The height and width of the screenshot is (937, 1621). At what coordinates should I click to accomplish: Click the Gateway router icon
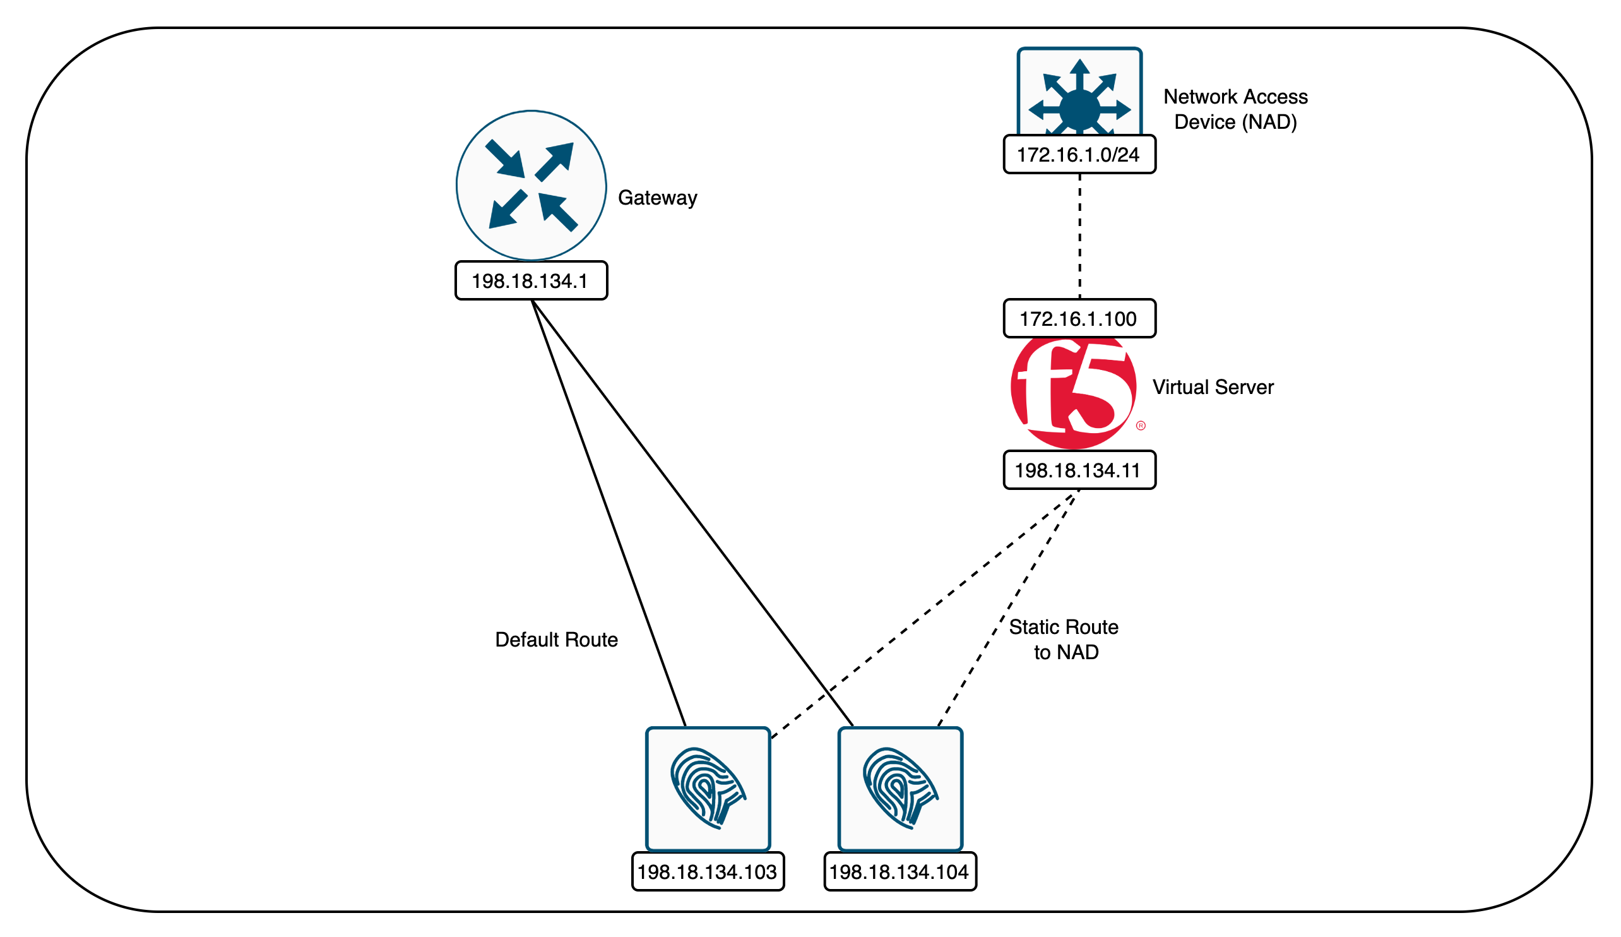pyautogui.click(x=531, y=186)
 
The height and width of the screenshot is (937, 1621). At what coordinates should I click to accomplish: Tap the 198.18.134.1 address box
pyautogui.click(x=531, y=280)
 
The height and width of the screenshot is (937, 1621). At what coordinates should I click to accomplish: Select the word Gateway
pyautogui.click(x=657, y=198)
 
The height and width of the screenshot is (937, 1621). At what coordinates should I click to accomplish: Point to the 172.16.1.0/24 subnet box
pyautogui.click(x=1079, y=155)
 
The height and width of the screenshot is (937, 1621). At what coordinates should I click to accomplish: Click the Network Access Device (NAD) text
pyautogui.click(x=1235, y=109)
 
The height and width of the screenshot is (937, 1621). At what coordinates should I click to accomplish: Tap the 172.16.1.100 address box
pyautogui.click(x=1079, y=319)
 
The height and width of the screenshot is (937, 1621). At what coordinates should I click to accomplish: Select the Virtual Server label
pyautogui.click(x=1213, y=387)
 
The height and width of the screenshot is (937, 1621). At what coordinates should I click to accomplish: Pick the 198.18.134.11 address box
pyautogui.click(x=1079, y=470)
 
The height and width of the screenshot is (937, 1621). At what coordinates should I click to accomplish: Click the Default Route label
pyautogui.click(x=556, y=640)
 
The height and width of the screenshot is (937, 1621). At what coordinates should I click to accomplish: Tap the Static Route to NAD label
pyautogui.click(x=1064, y=640)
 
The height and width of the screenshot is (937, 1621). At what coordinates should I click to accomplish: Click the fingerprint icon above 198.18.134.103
pyautogui.click(x=708, y=789)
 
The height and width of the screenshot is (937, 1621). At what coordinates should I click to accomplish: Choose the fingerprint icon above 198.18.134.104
pyautogui.click(x=900, y=789)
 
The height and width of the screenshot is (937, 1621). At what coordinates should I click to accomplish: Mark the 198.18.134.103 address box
pyautogui.click(x=708, y=872)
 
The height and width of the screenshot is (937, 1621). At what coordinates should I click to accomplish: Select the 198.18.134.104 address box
pyautogui.click(x=900, y=872)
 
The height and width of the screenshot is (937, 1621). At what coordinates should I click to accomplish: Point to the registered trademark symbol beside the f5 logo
pyautogui.click(x=1141, y=426)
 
